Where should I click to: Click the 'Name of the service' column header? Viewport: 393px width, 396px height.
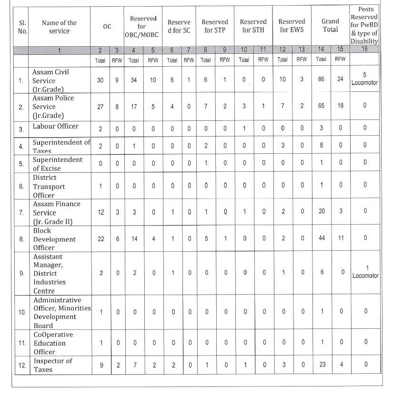pos(59,27)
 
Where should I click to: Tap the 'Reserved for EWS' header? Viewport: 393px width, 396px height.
pos(292,25)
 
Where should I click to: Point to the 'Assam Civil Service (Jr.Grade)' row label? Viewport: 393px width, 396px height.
pos(54,80)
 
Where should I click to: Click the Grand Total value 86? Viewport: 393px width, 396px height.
pos(322,80)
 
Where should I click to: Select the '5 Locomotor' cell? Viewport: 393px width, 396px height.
pos(365,80)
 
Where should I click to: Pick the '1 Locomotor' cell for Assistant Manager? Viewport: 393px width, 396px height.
pos(365,272)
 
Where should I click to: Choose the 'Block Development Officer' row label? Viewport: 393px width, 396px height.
pos(54,239)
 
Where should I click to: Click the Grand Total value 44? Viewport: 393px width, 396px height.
pos(322,238)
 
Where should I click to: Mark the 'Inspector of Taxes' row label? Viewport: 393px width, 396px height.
pos(52,365)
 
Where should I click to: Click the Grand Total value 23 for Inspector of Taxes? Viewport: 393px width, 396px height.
pos(322,365)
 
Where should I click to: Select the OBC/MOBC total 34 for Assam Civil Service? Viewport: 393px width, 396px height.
pos(134,80)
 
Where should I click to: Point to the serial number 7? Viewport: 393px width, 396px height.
pos(21,212)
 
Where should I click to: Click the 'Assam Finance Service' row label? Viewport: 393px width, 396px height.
pos(56,212)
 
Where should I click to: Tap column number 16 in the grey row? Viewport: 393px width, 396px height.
pos(365,49)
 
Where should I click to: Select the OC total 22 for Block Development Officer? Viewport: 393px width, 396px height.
pos(101,238)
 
